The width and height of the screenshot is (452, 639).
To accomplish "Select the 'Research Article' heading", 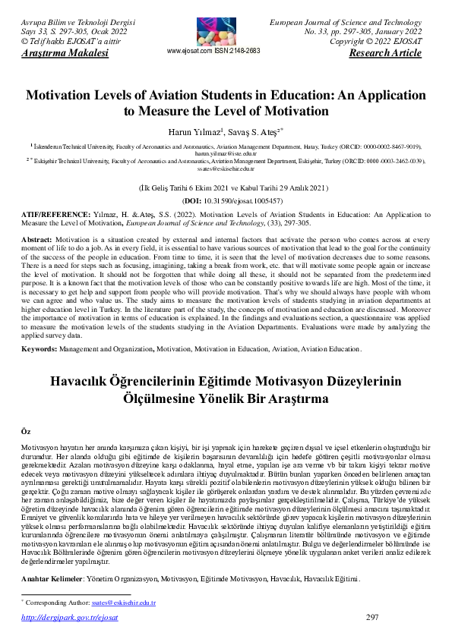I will click(x=384, y=53).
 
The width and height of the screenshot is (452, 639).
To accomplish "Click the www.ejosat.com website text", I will click(x=189, y=51).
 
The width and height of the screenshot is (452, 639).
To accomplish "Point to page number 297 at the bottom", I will click(x=372, y=617).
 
